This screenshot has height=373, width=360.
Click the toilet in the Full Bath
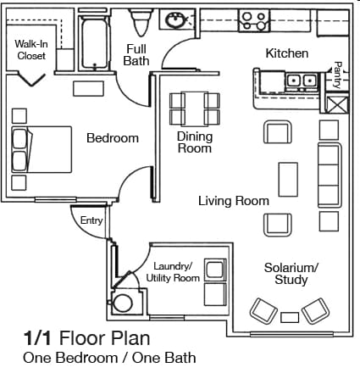coord(141,22)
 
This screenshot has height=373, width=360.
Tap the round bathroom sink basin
coord(175,20)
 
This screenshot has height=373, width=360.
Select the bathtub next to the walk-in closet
coord(95,42)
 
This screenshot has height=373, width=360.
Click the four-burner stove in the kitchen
coord(254,20)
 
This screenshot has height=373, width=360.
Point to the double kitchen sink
coord(302,81)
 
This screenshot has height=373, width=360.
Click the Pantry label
coord(337,75)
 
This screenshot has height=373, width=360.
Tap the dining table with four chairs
coord(195,109)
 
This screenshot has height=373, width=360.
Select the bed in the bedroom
coord(42,149)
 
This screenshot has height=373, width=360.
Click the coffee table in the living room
coord(288,180)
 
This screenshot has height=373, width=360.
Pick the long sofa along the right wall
coord(330,175)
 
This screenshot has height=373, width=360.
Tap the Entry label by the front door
coord(91,220)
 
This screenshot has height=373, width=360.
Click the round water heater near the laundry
coord(123,303)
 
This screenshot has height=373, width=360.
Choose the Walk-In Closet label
coord(31,50)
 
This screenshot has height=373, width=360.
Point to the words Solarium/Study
coord(291,274)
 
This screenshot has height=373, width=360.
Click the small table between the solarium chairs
coord(290,317)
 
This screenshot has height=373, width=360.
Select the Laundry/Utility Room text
coord(173,272)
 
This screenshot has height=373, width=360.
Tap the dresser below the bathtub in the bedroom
coord(88,89)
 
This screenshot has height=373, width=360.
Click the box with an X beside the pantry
coord(338,105)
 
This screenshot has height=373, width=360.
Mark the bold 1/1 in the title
coord(37,338)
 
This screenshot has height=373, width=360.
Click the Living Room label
coord(234,201)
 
